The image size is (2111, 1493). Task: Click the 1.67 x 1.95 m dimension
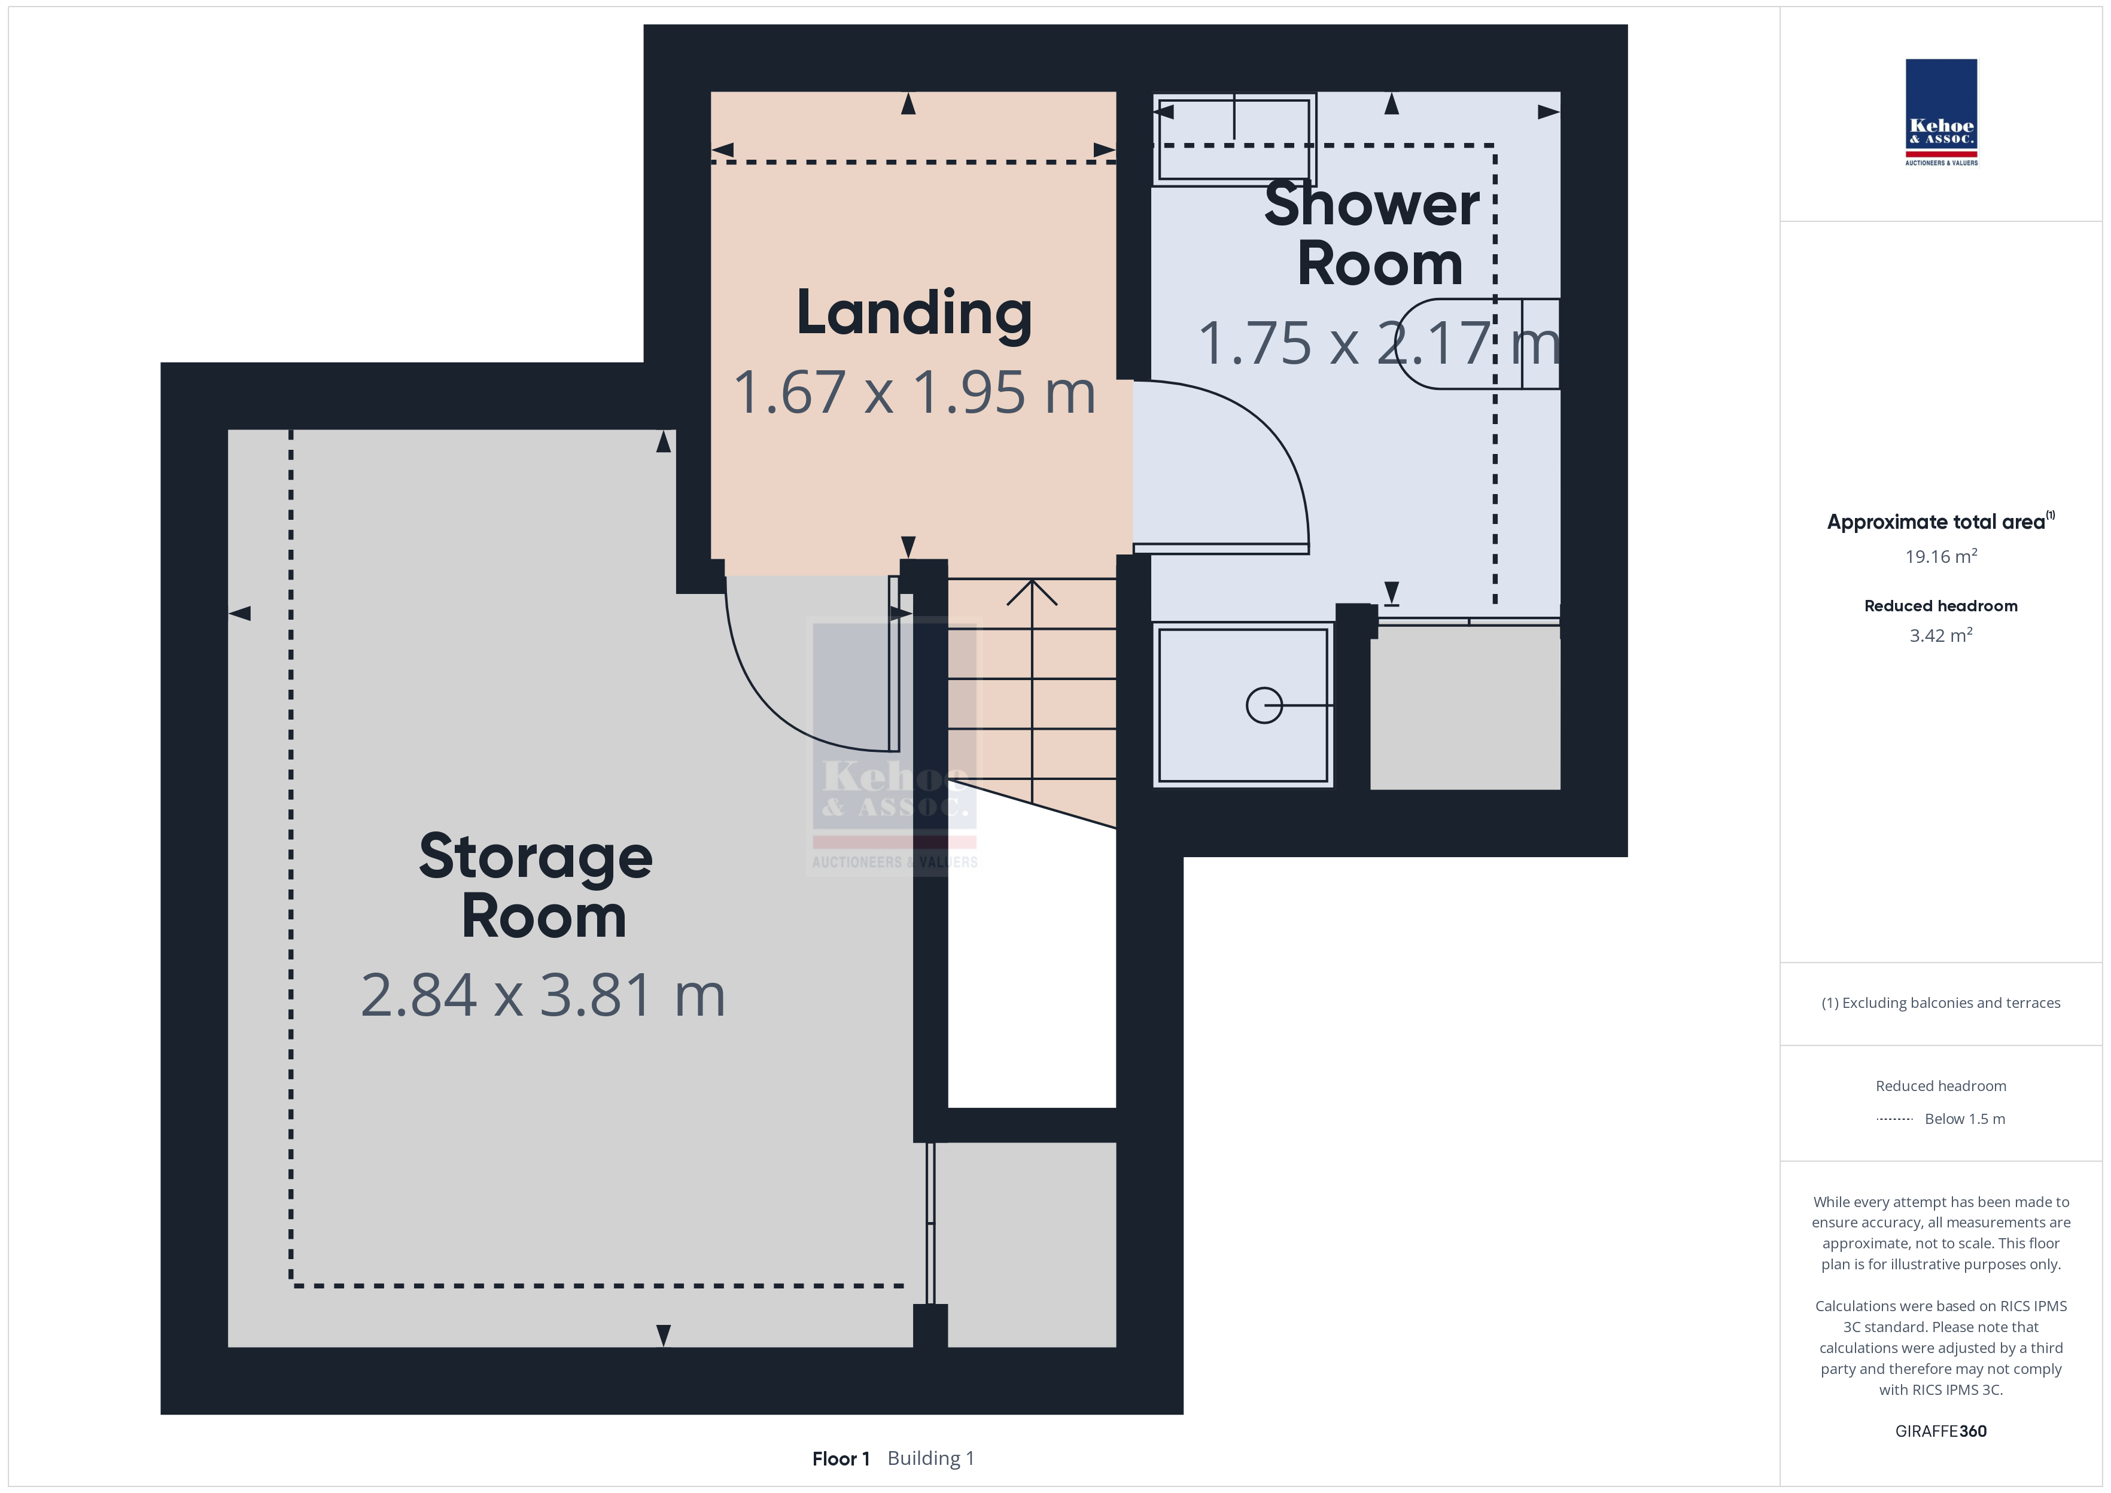[915, 392]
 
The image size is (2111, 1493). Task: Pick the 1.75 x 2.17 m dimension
[1379, 343]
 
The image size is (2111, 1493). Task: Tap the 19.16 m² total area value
[1941, 556]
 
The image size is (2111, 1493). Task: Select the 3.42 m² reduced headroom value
[1941, 635]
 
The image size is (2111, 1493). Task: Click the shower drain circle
[1264, 706]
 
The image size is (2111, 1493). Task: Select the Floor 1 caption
[840, 1459]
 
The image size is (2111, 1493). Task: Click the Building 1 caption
[930, 1459]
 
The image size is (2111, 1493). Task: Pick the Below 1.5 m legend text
[1965, 1119]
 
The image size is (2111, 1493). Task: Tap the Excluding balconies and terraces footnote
[1941, 1003]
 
